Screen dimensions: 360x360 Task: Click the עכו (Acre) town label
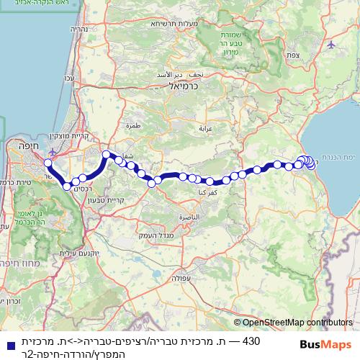tap(70, 78)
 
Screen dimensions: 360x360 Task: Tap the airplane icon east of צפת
tap(330, 44)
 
